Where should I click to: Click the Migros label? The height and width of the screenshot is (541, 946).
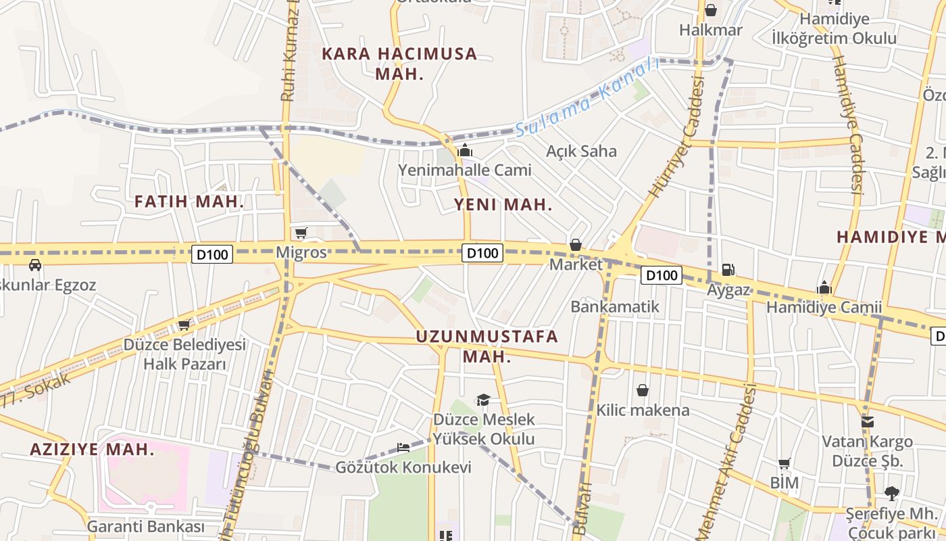(x=301, y=253)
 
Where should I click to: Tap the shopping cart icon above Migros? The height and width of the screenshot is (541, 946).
(x=301, y=233)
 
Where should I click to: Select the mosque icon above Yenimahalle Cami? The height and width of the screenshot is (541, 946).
(x=464, y=150)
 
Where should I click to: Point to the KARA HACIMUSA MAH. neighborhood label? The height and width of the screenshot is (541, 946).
(x=399, y=64)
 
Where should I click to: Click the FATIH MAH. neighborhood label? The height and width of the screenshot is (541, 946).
(x=189, y=202)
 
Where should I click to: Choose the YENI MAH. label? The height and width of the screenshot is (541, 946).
(x=503, y=205)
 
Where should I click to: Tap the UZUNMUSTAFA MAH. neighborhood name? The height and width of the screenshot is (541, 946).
(x=487, y=346)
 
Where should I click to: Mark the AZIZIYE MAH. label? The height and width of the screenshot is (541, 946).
(x=93, y=449)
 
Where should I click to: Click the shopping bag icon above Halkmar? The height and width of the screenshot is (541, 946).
(x=711, y=10)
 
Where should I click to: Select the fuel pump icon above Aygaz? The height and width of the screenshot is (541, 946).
(x=728, y=269)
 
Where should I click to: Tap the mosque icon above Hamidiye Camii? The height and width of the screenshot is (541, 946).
(x=824, y=287)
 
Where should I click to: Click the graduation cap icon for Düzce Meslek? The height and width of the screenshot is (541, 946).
(x=483, y=400)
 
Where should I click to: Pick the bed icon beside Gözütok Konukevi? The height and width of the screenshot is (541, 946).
(x=403, y=448)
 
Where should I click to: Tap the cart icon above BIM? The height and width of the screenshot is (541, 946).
(x=785, y=463)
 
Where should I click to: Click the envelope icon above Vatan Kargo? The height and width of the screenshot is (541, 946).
(x=868, y=422)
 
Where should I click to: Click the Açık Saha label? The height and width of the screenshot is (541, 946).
(x=582, y=151)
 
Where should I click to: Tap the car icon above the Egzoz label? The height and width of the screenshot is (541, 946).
(x=35, y=265)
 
